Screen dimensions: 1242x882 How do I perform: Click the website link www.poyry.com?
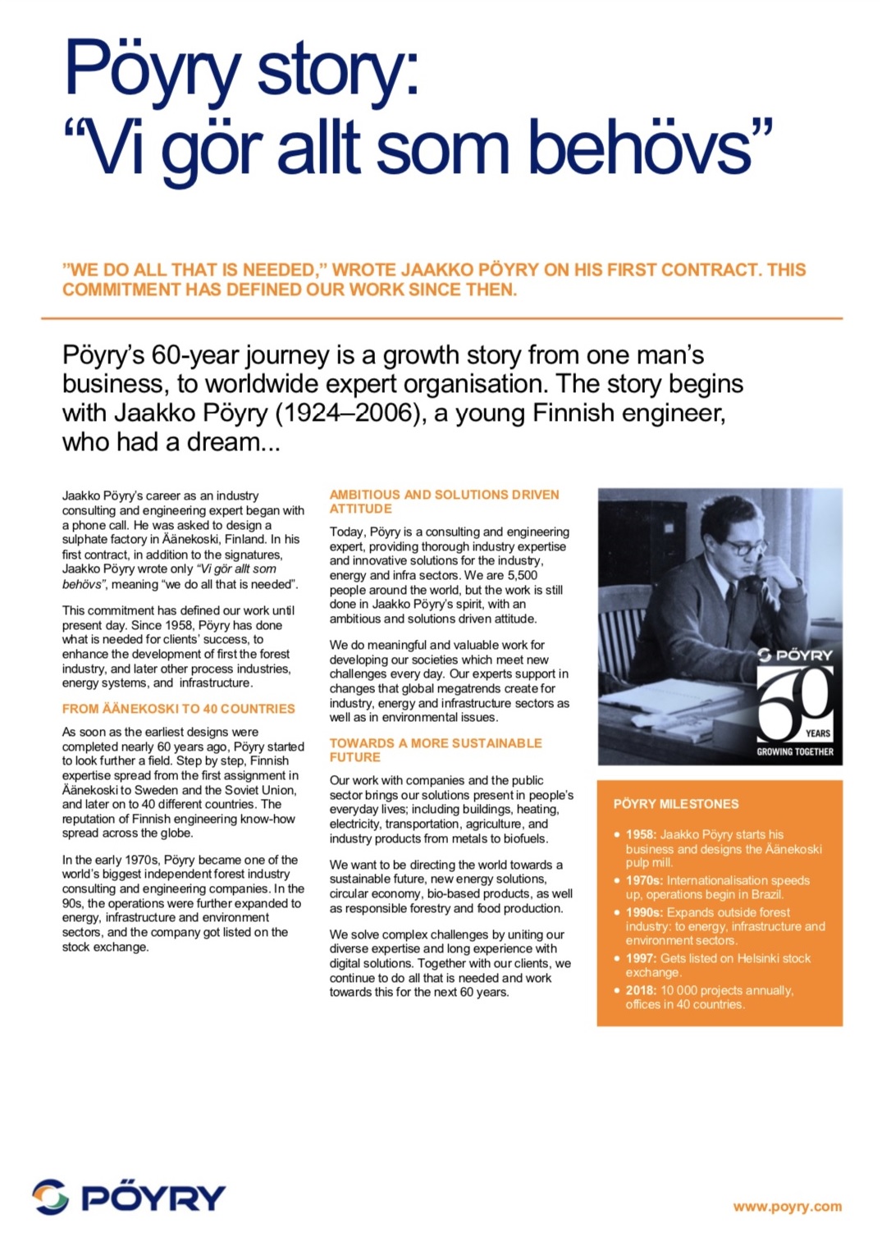pos(787,1206)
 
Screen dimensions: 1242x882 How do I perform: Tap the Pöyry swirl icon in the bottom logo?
pos(51,1196)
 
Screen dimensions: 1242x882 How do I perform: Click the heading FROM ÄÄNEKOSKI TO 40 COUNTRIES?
pos(178,709)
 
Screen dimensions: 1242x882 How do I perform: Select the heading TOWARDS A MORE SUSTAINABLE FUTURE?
pos(435,750)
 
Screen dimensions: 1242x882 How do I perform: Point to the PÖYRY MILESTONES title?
pos(675,804)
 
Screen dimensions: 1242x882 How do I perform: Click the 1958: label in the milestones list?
pos(641,834)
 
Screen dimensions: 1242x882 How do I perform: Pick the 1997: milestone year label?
pos(641,958)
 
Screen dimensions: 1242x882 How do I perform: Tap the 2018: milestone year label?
pos(641,990)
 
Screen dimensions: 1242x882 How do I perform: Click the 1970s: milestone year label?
pos(644,880)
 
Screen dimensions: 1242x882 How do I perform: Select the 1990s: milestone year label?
pos(644,912)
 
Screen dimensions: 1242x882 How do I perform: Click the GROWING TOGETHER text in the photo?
pos(794,751)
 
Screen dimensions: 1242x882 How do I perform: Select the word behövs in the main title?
pos(640,149)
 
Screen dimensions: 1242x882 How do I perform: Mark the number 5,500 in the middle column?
pos(522,575)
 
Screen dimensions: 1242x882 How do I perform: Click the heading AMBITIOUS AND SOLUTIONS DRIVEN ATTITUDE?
pos(443,501)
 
